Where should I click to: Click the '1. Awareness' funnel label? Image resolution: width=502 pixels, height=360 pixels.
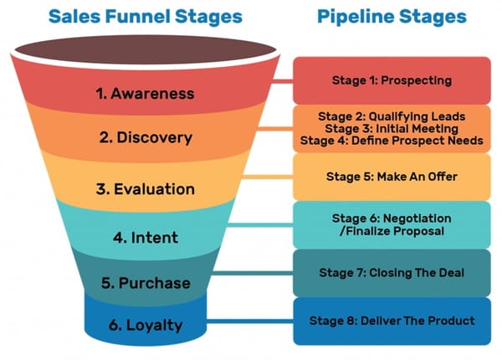coord(146,93)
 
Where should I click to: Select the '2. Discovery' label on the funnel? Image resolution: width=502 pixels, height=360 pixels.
coord(146,137)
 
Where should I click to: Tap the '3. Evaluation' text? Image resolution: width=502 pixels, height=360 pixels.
coord(146,188)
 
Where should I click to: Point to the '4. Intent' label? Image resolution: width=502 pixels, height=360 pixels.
coord(146,237)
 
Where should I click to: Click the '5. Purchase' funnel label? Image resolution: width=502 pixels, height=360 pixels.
coord(146,282)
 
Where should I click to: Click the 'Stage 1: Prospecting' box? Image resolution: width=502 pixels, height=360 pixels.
coord(392,80)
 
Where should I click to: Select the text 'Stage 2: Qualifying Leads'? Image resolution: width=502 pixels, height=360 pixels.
coord(392,116)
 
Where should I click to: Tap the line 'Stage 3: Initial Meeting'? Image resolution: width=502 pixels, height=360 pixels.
coord(392,128)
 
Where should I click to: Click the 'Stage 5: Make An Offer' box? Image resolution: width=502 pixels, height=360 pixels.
coord(392,177)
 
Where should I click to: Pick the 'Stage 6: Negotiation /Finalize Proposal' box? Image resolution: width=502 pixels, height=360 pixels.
coord(392,224)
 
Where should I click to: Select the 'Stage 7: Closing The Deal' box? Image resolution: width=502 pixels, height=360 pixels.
coord(392,272)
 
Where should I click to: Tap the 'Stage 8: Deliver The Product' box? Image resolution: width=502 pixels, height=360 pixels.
coord(392,321)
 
